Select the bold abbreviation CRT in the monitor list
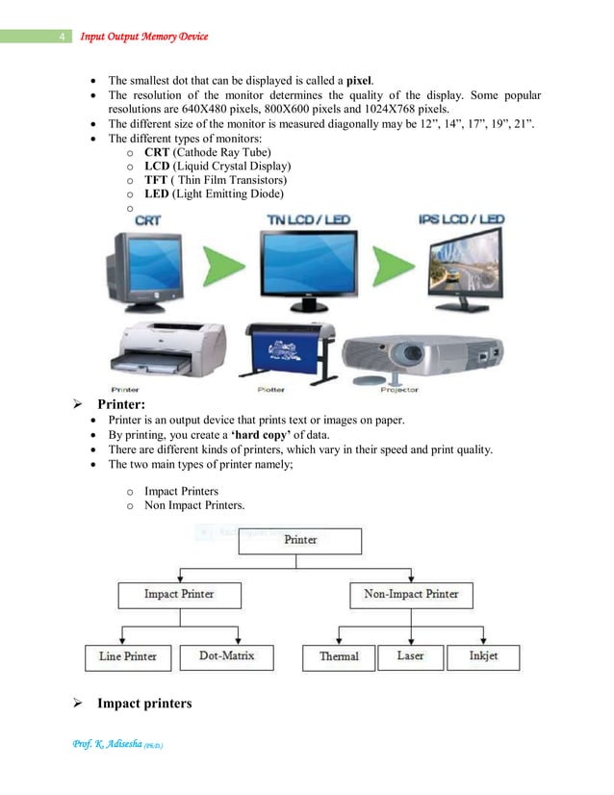(157, 153)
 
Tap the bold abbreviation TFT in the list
(156, 180)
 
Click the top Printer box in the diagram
(300, 540)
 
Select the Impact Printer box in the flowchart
(179, 594)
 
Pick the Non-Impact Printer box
(411, 594)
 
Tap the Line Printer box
(127, 656)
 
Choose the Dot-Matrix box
(227, 656)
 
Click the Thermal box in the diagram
(339, 656)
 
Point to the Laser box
(410, 656)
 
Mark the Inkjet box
(482, 656)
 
